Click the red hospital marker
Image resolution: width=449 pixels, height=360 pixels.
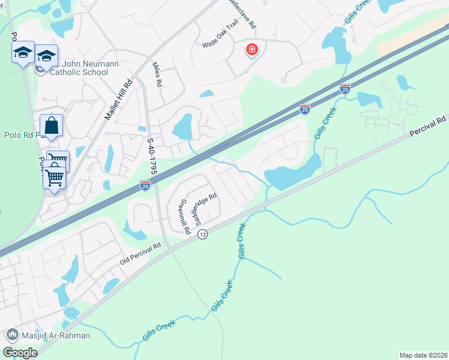tap(252, 50)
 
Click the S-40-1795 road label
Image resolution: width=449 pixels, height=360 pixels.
tap(152, 156)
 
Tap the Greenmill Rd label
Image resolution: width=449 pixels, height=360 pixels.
tap(184, 217)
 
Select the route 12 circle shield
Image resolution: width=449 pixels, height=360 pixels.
tap(202, 235)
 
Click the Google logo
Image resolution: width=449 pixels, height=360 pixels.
tap(20, 352)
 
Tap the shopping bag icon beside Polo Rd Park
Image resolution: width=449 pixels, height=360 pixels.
tap(52, 126)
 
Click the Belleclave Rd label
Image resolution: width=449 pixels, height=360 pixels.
tap(247, 14)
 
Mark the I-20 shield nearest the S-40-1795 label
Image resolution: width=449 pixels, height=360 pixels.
tap(145, 186)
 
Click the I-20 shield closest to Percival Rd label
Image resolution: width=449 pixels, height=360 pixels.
tap(345, 89)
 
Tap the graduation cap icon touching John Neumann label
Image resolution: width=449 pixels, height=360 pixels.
tap(46, 56)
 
